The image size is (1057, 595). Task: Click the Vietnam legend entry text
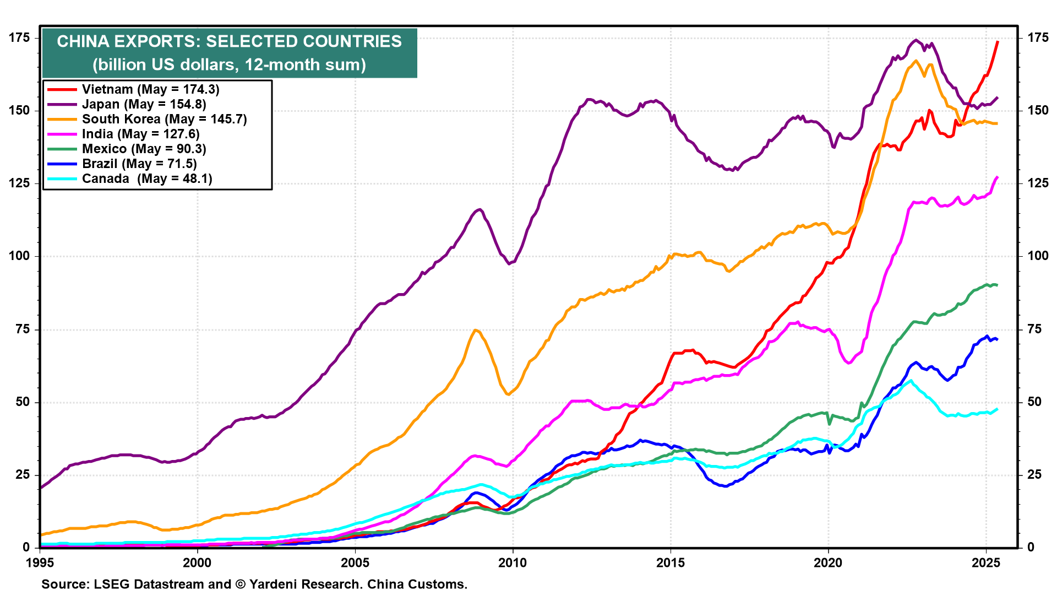[150, 89]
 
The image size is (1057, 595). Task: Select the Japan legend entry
[144, 104]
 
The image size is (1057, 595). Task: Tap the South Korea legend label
[164, 119]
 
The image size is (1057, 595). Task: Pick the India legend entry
[140, 134]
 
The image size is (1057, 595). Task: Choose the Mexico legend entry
[144, 149]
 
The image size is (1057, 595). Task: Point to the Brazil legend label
[139, 164]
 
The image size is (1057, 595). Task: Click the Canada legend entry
[147, 178]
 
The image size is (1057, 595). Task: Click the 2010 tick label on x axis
[513, 562]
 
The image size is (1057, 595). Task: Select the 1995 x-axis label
[40, 562]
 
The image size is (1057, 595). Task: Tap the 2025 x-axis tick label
[985, 562]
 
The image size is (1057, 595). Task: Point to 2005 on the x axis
[355, 562]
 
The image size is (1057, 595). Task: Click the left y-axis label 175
[19, 37]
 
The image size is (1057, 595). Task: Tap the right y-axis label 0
[1031, 547]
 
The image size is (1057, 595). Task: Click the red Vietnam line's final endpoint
[998, 42]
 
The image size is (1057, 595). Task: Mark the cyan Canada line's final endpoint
[997, 409]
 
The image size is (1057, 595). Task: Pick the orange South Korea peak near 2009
[475, 330]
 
